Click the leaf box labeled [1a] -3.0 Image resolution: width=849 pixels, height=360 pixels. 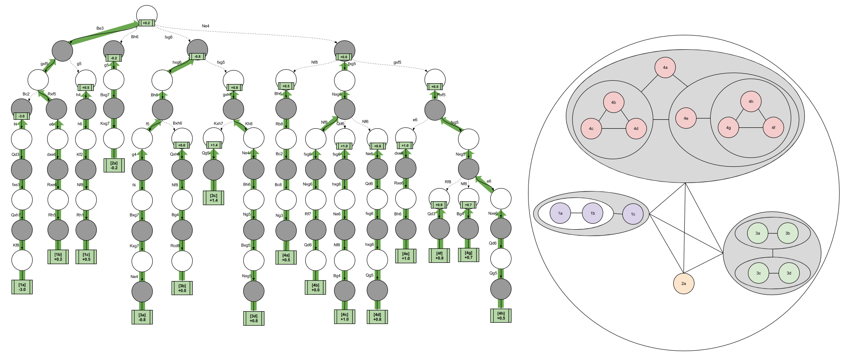click(x=22, y=287)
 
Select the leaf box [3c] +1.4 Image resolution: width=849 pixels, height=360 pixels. click(x=214, y=198)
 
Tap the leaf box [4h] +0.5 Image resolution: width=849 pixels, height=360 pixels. click(x=501, y=316)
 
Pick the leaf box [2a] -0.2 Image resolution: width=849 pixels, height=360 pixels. click(x=114, y=165)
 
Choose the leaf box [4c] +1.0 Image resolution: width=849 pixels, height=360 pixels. click(x=345, y=317)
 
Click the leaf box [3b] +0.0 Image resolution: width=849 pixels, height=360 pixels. click(x=182, y=288)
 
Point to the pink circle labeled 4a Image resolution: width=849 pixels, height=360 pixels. click(x=665, y=67)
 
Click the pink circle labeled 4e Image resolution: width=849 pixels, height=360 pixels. click(x=686, y=118)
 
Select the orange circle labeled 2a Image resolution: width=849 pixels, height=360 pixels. click(x=683, y=283)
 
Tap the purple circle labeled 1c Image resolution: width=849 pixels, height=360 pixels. click(x=633, y=214)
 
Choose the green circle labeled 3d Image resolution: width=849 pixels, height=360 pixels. click(x=789, y=273)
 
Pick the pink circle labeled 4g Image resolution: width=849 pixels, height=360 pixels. click(x=728, y=127)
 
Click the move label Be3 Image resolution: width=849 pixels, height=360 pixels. click(x=100, y=28)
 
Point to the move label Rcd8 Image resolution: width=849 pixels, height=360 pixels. click(x=175, y=245)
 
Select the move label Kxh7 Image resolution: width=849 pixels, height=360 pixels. click(x=218, y=124)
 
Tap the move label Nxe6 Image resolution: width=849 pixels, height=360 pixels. click(x=493, y=214)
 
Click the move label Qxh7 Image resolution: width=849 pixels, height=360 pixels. click(x=16, y=215)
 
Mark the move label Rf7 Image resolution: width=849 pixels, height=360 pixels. click(x=308, y=214)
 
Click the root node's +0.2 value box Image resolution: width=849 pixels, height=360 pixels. click(x=146, y=23)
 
